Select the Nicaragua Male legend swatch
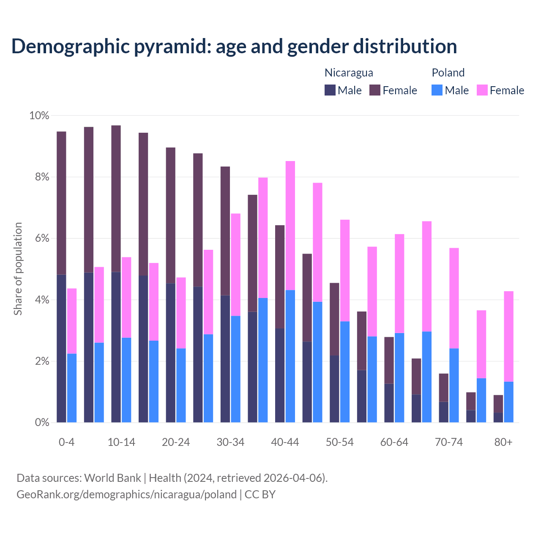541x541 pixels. (x=330, y=90)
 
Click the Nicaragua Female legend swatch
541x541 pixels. (x=375, y=90)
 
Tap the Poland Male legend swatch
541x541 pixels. (x=437, y=90)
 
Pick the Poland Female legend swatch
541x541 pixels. (x=482, y=90)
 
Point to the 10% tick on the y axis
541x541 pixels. (x=39, y=116)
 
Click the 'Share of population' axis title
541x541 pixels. (x=18, y=269)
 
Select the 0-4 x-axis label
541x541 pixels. (x=66, y=443)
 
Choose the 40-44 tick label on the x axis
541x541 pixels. (x=285, y=443)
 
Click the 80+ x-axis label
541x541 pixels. (x=503, y=443)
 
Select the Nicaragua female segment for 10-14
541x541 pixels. (x=116, y=199)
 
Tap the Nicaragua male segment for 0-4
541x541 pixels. (x=61, y=348)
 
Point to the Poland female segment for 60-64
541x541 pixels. (x=399, y=284)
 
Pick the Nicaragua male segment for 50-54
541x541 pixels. (x=334, y=389)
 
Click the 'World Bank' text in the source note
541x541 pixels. (x=112, y=478)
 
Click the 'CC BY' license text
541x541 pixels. (x=260, y=495)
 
